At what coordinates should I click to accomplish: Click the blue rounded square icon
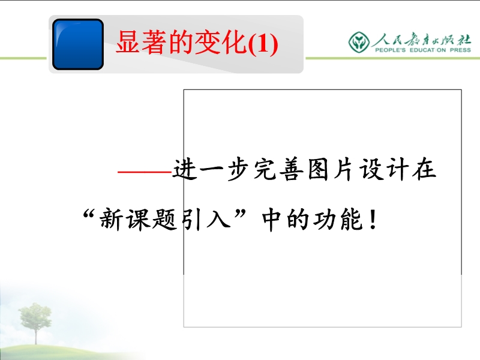pyautogui.click(x=78, y=44)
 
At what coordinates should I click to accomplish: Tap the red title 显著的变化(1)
pyautogui.click(x=197, y=43)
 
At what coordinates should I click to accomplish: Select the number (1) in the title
pyautogui.click(x=263, y=44)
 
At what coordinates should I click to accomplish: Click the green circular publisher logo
pyautogui.click(x=359, y=42)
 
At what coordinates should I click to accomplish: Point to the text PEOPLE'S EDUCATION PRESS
pyautogui.click(x=423, y=50)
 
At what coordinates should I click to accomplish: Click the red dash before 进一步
pyautogui.click(x=145, y=172)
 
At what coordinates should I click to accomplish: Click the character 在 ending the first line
pyautogui.click(x=424, y=169)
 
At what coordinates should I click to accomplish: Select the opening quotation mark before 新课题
pyautogui.click(x=88, y=214)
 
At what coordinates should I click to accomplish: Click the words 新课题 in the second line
pyautogui.click(x=139, y=220)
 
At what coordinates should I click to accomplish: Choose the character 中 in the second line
pyautogui.click(x=271, y=220)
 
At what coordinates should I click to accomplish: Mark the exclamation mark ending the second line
pyautogui.click(x=373, y=220)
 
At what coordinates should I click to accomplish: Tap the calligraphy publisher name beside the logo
pyautogui.click(x=422, y=40)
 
